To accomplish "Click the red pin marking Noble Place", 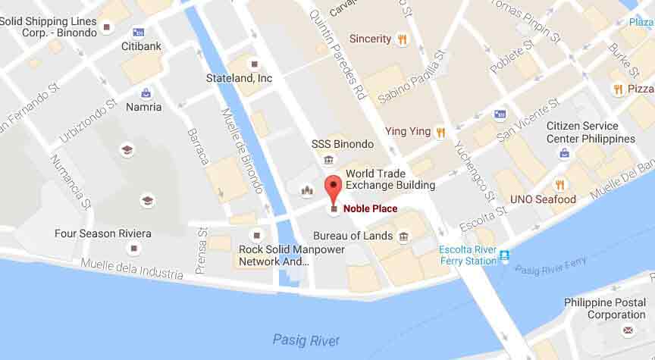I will click(x=333, y=186).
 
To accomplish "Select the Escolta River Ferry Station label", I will click(x=469, y=255).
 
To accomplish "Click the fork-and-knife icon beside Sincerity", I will click(x=402, y=39).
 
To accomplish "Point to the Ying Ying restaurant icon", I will click(x=439, y=132).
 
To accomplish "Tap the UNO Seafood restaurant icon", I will click(x=560, y=184).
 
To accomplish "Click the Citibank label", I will click(x=142, y=46).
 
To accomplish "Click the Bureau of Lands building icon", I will click(x=403, y=236).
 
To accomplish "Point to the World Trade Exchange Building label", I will click(x=390, y=180).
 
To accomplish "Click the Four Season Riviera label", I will click(x=102, y=233).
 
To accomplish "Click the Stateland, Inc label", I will click(x=239, y=77).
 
